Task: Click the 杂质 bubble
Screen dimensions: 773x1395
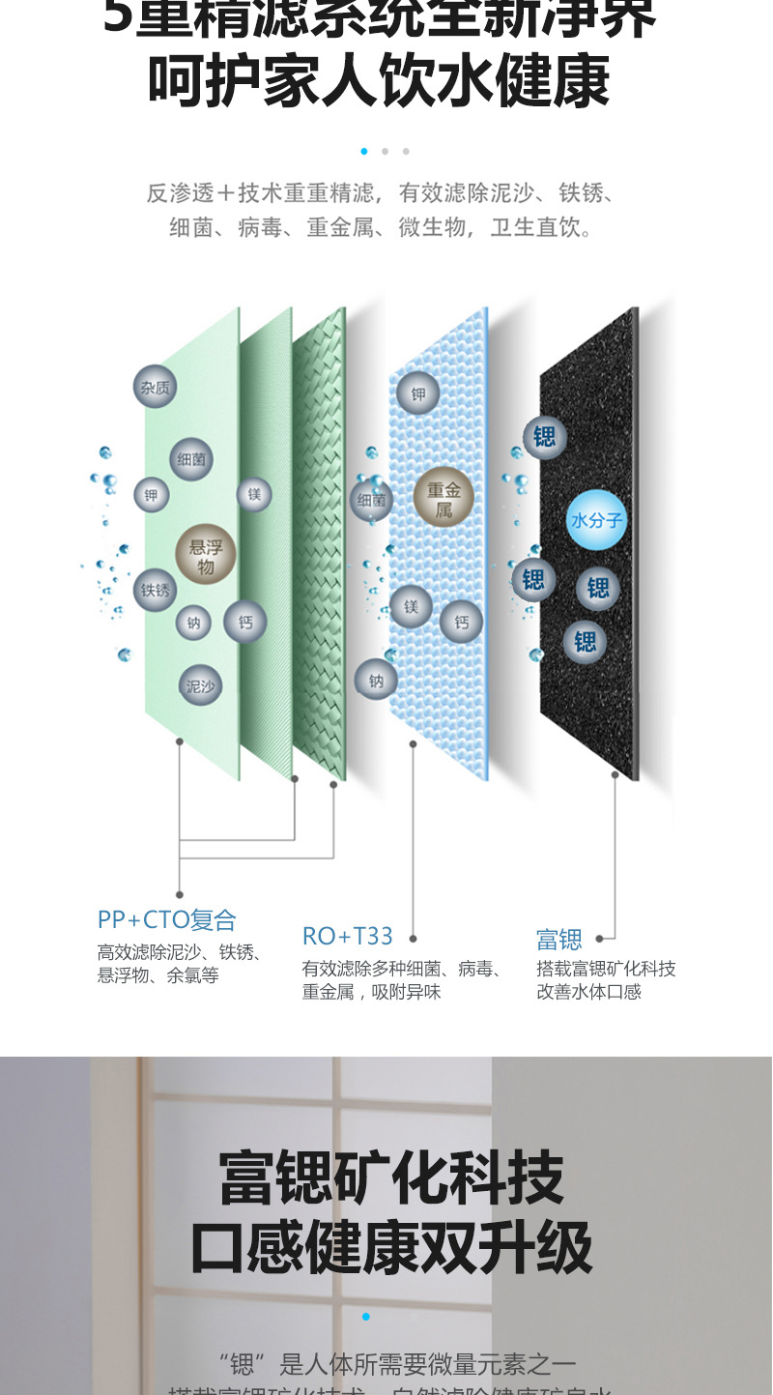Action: [155, 387]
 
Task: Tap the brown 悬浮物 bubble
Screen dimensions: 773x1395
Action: [206, 555]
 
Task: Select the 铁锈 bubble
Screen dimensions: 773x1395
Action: [155, 590]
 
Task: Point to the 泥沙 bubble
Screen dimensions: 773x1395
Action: [201, 685]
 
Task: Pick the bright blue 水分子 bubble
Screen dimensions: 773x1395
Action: [596, 520]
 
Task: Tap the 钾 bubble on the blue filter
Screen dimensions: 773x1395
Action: [417, 393]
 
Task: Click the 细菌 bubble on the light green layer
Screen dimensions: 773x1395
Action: [191, 459]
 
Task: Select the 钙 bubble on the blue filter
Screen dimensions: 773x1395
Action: [461, 623]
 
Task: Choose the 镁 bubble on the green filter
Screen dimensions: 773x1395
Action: [254, 494]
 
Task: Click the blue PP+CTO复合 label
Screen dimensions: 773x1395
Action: [166, 919]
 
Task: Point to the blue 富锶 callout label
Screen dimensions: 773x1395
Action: [559, 939]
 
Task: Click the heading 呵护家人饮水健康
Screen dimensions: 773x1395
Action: [379, 81]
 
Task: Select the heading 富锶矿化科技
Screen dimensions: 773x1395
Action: [390, 1177]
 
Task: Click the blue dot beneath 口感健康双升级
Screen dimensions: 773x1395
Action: [366, 1317]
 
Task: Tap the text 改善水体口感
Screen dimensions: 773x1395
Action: [588, 992]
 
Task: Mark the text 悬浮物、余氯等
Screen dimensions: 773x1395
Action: [157, 975]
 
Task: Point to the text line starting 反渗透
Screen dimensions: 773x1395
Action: [380, 193]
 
